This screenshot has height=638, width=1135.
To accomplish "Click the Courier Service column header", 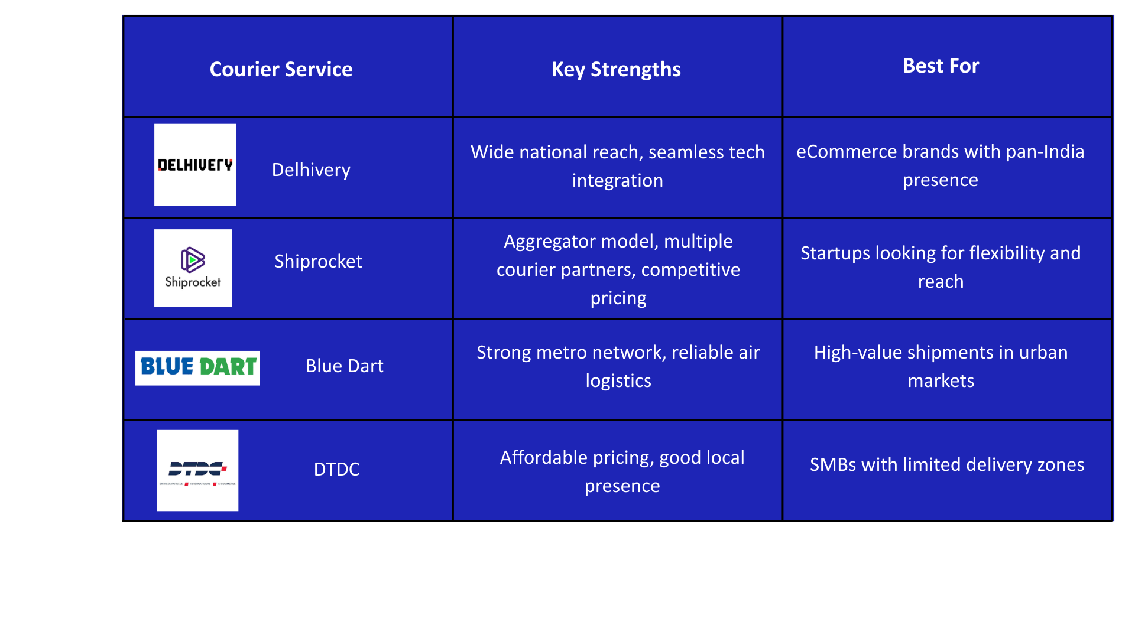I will pyautogui.click(x=281, y=69).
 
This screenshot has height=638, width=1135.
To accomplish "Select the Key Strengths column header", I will pyautogui.click(x=616, y=69).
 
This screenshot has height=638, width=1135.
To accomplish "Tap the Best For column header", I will pyautogui.click(x=941, y=66).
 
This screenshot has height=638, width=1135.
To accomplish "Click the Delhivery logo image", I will pyautogui.click(x=195, y=165).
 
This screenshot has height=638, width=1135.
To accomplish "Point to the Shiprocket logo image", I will pyautogui.click(x=193, y=268).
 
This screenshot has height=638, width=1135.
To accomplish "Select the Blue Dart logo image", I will pyautogui.click(x=197, y=367).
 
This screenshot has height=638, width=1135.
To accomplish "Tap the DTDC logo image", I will pyautogui.click(x=197, y=470).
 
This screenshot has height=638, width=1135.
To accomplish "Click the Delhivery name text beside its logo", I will pyautogui.click(x=311, y=170).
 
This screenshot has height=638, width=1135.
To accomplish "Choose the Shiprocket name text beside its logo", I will pyautogui.click(x=318, y=261).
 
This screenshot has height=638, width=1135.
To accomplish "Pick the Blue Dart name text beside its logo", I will pyautogui.click(x=345, y=366).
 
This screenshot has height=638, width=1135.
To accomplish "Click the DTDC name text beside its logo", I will pyautogui.click(x=336, y=469).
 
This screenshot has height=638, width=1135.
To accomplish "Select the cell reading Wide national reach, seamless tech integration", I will pyautogui.click(x=617, y=166).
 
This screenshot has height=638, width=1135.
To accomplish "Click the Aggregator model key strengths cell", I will pyautogui.click(x=618, y=269).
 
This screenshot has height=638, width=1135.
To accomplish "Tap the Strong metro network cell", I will pyautogui.click(x=618, y=366).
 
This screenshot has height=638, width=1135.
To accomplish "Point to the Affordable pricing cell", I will pyautogui.click(x=622, y=471).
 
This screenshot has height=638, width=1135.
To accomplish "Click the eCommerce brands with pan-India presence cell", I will pyautogui.click(x=940, y=165).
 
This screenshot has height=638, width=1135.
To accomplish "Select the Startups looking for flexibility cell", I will pyautogui.click(x=941, y=267).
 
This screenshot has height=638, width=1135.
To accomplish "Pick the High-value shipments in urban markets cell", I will pyautogui.click(x=941, y=366).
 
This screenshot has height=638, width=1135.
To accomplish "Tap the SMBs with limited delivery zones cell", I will pyautogui.click(x=947, y=465).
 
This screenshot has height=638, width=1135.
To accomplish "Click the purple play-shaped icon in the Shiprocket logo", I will pyautogui.click(x=193, y=259).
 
